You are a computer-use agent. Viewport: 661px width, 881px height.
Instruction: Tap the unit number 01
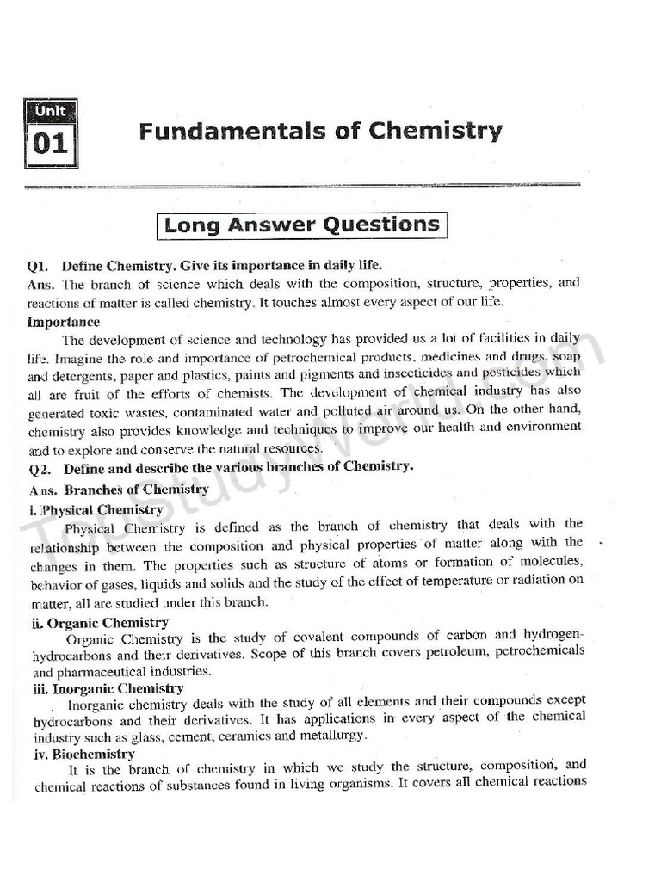50,144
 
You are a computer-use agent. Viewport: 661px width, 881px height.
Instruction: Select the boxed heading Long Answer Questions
302,225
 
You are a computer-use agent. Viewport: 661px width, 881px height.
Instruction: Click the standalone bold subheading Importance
64,323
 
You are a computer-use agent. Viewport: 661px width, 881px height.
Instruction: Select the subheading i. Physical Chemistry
85,509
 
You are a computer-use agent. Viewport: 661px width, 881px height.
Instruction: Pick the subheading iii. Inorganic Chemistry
108,688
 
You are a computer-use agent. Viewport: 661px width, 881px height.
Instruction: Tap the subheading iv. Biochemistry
83,754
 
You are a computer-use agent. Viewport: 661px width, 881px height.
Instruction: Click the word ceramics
244,736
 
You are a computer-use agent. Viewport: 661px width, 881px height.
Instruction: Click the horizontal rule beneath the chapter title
301,185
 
